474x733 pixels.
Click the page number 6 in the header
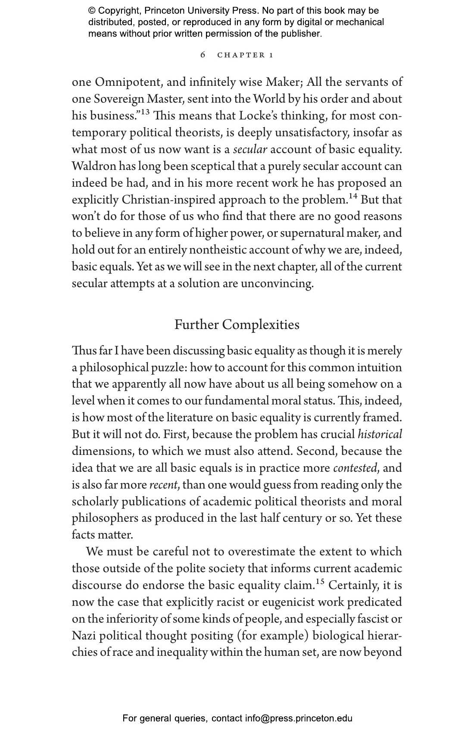click(203, 55)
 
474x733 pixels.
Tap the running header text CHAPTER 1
click(245, 55)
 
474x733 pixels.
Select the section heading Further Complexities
click(237, 324)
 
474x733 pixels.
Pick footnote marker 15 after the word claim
click(320, 582)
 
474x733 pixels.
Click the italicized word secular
click(250, 149)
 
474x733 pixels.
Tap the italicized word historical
click(380, 434)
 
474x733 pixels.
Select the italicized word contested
click(355, 468)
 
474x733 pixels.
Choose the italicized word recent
click(164, 485)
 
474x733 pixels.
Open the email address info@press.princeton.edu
click(299, 718)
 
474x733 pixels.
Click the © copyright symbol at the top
click(92, 11)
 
